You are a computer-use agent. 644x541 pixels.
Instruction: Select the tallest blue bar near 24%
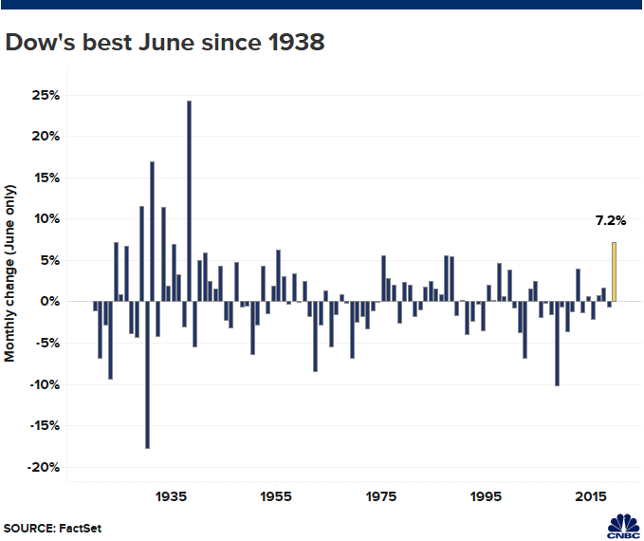click(190, 201)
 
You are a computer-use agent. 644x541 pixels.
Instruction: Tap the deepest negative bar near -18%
click(147, 375)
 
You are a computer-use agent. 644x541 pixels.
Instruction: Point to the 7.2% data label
click(611, 221)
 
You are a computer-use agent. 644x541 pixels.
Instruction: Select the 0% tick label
click(51, 302)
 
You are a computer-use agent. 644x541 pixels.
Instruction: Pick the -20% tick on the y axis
click(45, 468)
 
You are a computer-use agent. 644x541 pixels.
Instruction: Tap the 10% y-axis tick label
click(47, 219)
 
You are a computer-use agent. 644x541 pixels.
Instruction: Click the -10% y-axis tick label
click(45, 384)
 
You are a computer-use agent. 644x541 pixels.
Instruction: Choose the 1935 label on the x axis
click(172, 496)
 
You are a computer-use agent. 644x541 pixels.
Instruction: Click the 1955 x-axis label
click(276, 496)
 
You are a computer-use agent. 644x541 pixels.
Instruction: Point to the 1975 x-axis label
click(381, 496)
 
